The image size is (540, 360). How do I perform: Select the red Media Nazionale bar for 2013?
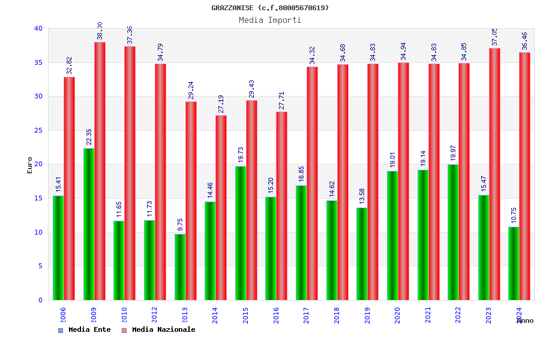click(x=191, y=200)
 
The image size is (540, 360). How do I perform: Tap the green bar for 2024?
click(x=514, y=263)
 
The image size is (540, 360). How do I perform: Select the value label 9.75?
click(x=181, y=224)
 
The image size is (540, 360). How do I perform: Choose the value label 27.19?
click(x=221, y=104)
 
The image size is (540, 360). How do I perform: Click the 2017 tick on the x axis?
click(x=307, y=315)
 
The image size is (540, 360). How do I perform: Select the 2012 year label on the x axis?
click(x=155, y=315)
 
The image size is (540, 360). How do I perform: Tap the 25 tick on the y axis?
click(x=38, y=130)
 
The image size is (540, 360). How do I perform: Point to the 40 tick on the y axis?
click(x=38, y=28)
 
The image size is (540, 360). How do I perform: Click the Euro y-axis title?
click(x=30, y=165)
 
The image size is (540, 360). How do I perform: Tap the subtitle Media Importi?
click(x=270, y=20)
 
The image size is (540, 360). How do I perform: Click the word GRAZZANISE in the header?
click(x=232, y=8)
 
